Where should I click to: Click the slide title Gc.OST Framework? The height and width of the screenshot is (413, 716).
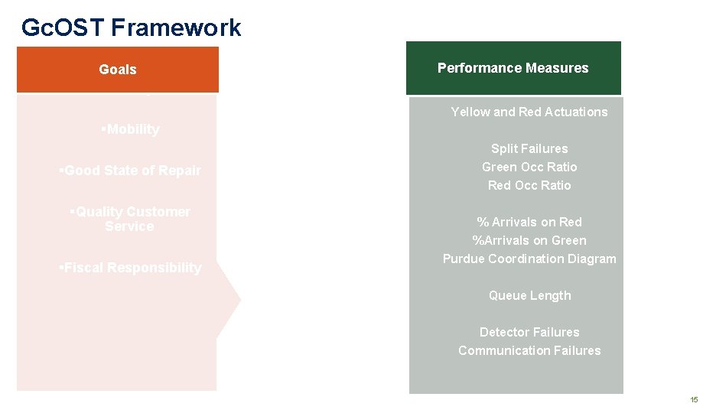pos(131,28)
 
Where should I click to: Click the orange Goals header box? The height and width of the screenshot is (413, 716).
pos(118,70)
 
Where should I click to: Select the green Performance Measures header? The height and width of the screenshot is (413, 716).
pos(513,68)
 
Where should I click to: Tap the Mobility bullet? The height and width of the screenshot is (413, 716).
pos(131,129)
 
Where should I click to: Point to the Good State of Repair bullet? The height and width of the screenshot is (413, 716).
pos(130,171)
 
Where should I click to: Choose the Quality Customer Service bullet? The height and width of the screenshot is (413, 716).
pos(129,219)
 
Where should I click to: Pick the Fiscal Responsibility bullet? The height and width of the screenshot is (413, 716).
pos(130,268)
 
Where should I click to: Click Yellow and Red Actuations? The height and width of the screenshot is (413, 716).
pos(529,112)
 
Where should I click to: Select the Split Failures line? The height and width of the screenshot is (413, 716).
pos(529,148)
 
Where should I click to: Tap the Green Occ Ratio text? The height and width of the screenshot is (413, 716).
pos(529,167)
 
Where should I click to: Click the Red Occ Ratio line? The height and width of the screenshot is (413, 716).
pos(529,185)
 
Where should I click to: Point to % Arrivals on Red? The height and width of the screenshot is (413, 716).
pos(529,222)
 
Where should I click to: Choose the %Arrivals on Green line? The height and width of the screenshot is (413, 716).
pos(529,240)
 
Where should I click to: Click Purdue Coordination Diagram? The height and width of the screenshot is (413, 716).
pos(529,259)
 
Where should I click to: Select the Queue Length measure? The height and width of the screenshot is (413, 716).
pos(529,295)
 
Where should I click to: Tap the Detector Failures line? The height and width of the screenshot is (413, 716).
pos(529,332)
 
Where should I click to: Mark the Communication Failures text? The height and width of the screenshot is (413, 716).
pos(529,350)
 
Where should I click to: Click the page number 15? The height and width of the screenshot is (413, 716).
pos(694,400)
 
